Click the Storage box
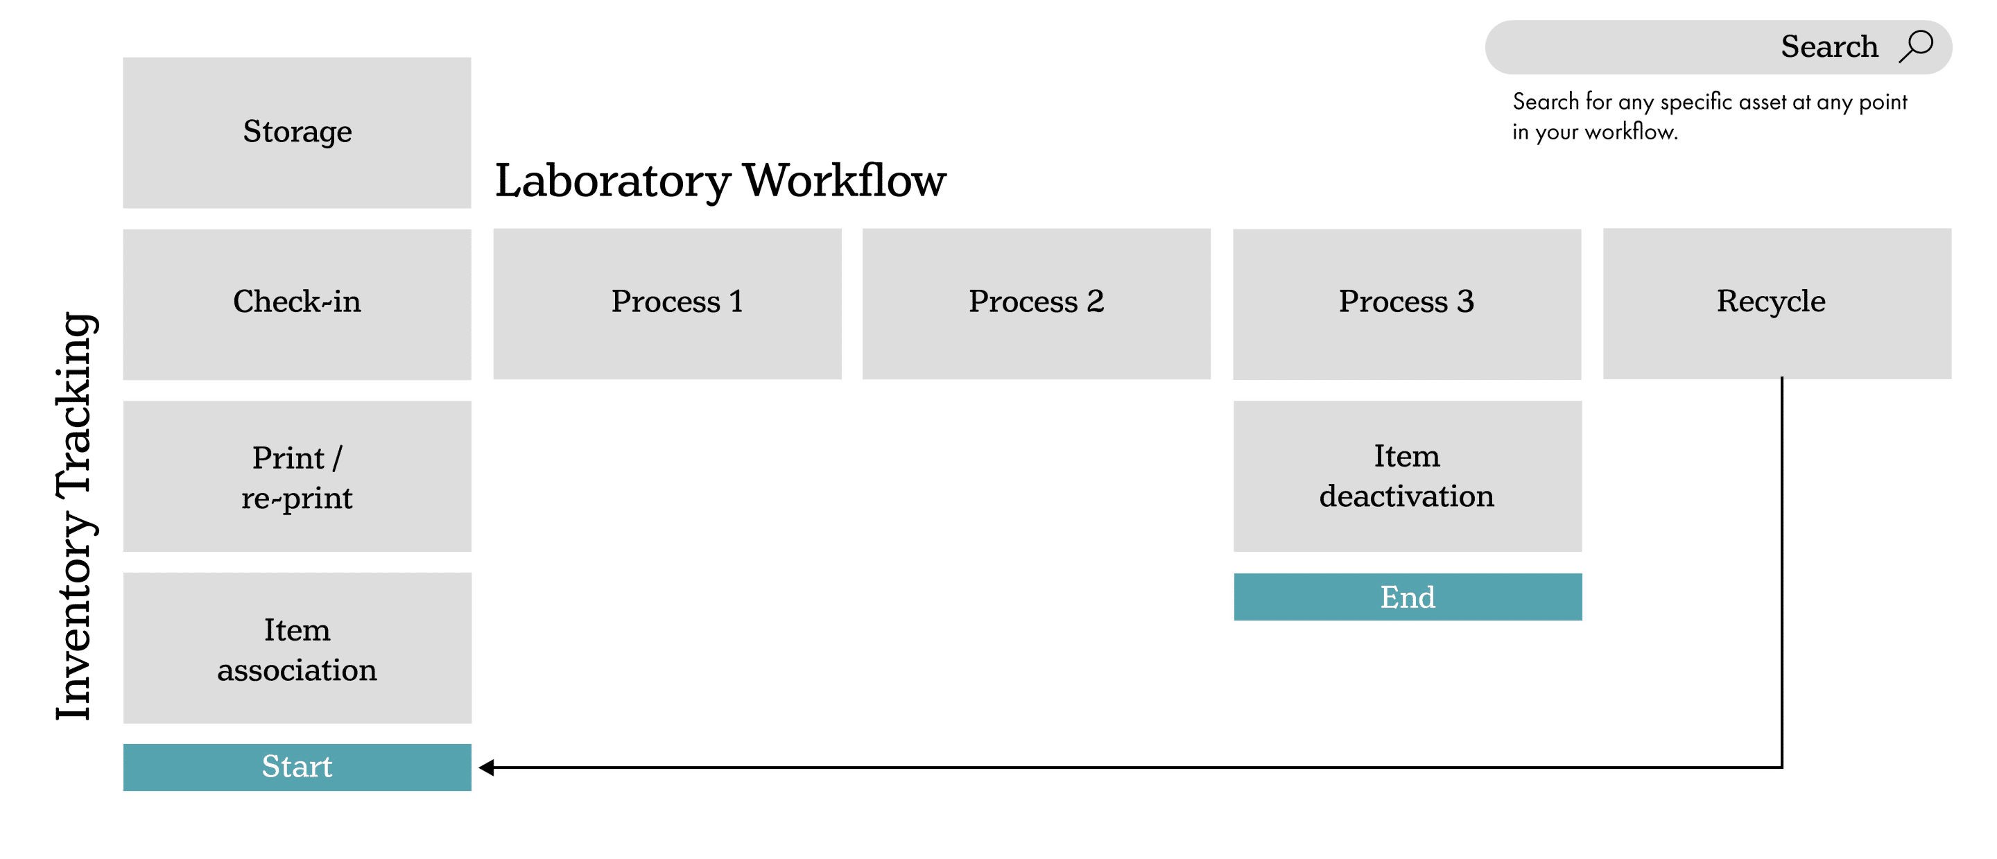(297, 132)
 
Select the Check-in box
(297, 304)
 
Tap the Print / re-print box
(297, 476)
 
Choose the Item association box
(297, 648)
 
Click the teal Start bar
(297, 767)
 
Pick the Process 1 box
(668, 304)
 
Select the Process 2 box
(1037, 304)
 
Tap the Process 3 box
(1407, 304)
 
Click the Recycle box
(1776, 304)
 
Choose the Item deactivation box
(1407, 476)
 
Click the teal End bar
(1407, 597)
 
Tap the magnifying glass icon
(1917, 46)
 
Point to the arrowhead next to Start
(487, 767)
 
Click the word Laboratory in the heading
(612, 182)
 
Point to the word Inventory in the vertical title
(75, 616)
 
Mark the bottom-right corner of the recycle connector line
(1782, 767)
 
